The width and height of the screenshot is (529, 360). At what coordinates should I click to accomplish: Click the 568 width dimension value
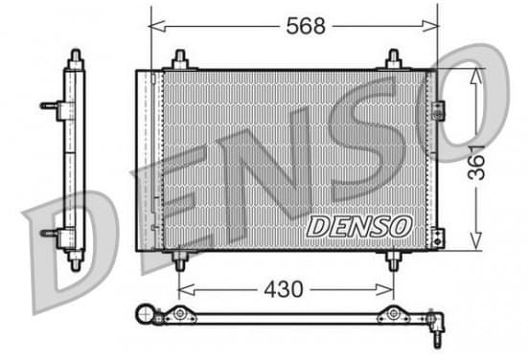click(x=306, y=26)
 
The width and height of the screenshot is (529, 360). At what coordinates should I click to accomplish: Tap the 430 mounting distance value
click(x=284, y=289)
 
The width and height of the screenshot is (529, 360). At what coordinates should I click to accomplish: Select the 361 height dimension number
click(x=476, y=163)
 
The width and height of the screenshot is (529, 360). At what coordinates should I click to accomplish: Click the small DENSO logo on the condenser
click(x=359, y=227)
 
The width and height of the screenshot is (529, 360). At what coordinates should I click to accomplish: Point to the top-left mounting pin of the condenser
click(x=180, y=59)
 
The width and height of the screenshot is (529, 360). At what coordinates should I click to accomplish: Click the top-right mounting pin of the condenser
click(x=393, y=59)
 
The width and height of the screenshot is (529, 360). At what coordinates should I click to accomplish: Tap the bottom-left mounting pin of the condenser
click(x=179, y=260)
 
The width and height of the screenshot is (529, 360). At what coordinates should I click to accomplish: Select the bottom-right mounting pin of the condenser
click(x=393, y=260)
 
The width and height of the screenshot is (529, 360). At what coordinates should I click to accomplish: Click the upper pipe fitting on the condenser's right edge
click(x=438, y=110)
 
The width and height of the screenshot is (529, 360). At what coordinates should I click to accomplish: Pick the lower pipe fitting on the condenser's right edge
click(x=438, y=238)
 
